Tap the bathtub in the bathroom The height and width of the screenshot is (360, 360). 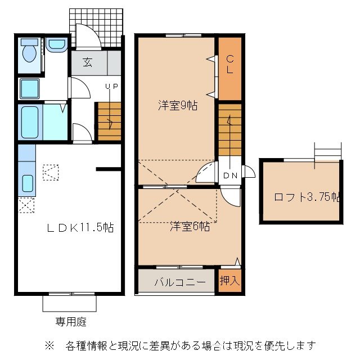pyautogui.click(x=29, y=122)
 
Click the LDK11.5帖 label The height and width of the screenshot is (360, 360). pyautogui.click(x=80, y=228)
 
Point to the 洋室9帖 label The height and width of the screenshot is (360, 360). pyautogui.click(x=177, y=105)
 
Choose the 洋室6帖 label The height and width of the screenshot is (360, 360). pyautogui.click(x=190, y=226)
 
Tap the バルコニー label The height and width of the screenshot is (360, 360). pyautogui.click(x=176, y=281)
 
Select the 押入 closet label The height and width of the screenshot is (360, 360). pyautogui.click(x=229, y=280)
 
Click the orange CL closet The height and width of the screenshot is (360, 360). pyautogui.click(x=229, y=67)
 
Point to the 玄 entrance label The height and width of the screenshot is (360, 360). pyautogui.click(x=88, y=62)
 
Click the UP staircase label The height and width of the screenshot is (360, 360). pyautogui.click(x=111, y=87)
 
